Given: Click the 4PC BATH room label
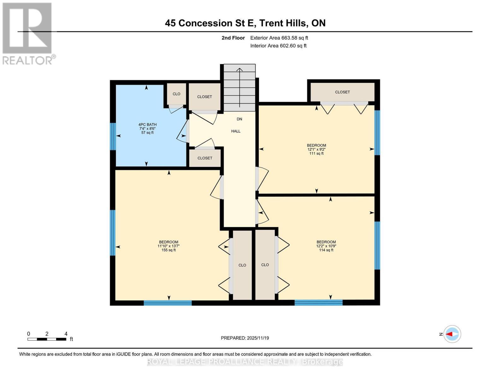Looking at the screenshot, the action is pyautogui.click(x=147, y=125).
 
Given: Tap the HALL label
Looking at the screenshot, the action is pyautogui.click(x=236, y=131).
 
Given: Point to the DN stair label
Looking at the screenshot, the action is pyautogui.click(x=239, y=119).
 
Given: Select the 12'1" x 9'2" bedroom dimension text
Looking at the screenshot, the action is pyautogui.click(x=316, y=149).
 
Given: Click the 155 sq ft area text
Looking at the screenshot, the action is pyautogui.click(x=168, y=250).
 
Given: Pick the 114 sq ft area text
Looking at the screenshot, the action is pyautogui.click(x=326, y=250).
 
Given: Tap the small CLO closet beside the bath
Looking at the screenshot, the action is pyautogui.click(x=176, y=94).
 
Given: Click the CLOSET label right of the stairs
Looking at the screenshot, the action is pyautogui.click(x=342, y=92).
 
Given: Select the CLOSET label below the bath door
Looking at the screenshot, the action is pyautogui.click(x=205, y=158).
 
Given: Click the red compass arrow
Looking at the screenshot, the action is pyautogui.click(x=449, y=334).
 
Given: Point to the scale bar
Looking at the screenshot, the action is pyautogui.click(x=47, y=339).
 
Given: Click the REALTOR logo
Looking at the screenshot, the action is pyautogui.click(x=28, y=34).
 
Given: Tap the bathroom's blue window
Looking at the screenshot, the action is pyautogui.click(x=113, y=136).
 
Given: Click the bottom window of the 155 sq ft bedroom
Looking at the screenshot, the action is pyautogui.click(x=168, y=303).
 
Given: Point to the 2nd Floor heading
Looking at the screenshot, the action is pyautogui.click(x=233, y=38).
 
